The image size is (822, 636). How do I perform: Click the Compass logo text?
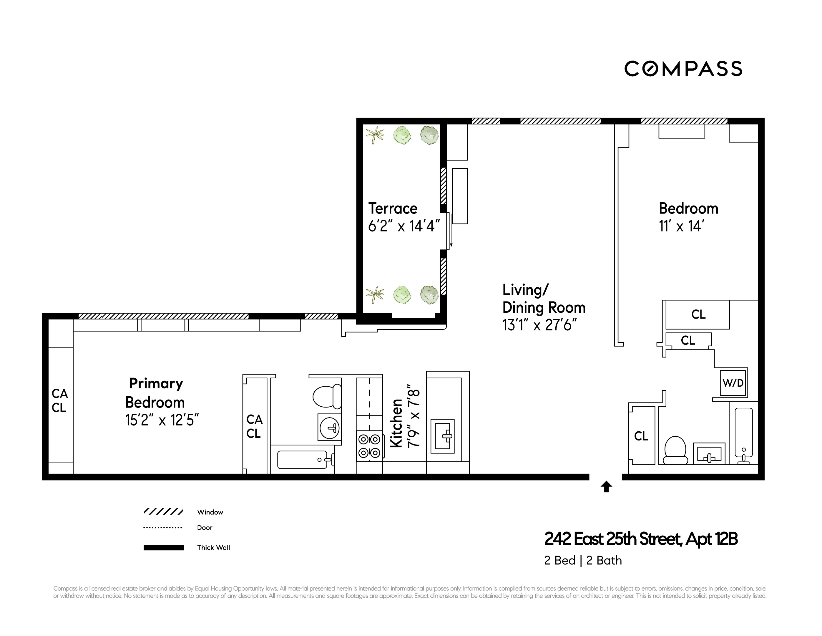[683, 69]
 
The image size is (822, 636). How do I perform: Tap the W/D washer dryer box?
[733, 383]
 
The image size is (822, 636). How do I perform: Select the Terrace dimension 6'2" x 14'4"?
[403, 226]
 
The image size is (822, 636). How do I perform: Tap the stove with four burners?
[369, 446]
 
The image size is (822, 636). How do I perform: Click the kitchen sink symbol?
[443, 436]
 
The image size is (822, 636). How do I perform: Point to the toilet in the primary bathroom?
[326, 396]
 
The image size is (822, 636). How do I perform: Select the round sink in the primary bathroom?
[329, 428]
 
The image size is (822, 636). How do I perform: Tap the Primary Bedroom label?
[155, 393]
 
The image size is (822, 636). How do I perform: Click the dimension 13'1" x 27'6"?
[539, 325]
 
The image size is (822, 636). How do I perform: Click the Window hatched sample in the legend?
[163, 512]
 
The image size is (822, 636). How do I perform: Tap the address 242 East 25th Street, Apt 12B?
[641, 539]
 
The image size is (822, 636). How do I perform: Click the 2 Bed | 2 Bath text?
[583, 560]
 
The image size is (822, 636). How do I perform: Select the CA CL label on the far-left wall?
[59, 401]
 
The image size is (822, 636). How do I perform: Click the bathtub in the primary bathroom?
[302, 460]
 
